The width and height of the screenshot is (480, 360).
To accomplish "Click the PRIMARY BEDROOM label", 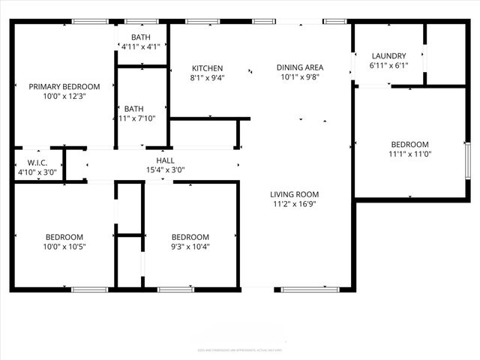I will coord(64,86).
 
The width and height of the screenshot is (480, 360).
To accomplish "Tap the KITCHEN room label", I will coord(207,67).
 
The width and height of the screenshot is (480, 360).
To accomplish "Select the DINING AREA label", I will coord(299,67).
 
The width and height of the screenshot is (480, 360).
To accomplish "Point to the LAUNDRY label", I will coord(388,55).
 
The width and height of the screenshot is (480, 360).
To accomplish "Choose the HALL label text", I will coord(165,160).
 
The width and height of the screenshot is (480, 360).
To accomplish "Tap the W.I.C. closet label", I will coord(37,162).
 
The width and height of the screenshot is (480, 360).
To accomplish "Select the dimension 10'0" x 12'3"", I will coord(64,96).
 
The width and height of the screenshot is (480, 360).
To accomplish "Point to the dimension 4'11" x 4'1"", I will coord(140,46).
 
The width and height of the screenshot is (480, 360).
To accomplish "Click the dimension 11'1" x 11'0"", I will coord(409,154).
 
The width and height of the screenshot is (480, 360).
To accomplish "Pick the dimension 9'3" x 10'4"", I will coord(190,247).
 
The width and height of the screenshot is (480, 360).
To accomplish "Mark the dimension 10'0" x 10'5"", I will coord(64,247).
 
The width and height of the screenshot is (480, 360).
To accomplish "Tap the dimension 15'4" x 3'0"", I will coord(165,170).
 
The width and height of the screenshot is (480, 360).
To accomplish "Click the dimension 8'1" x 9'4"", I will coord(207,77).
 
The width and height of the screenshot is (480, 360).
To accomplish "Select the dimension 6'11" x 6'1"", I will coord(388,65).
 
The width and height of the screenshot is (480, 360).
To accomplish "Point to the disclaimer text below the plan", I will coord(240,349).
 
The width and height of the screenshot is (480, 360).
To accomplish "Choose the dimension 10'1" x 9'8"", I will coord(299,77).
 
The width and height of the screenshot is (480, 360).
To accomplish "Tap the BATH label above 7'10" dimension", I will coord(133,108).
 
